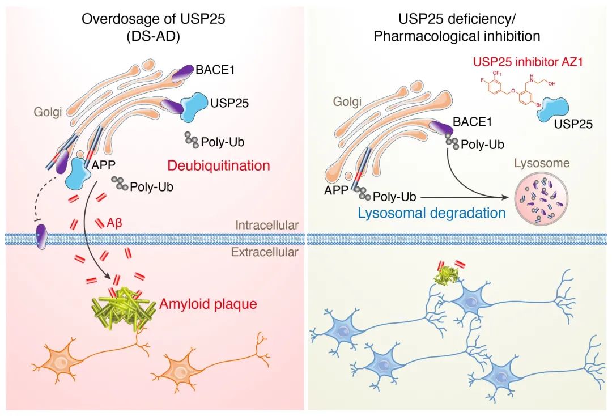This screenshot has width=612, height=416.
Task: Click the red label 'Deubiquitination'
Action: [x=218, y=166]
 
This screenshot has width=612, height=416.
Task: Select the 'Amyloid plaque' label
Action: [x=208, y=304]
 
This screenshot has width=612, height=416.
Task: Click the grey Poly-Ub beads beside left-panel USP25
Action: [x=190, y=138]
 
